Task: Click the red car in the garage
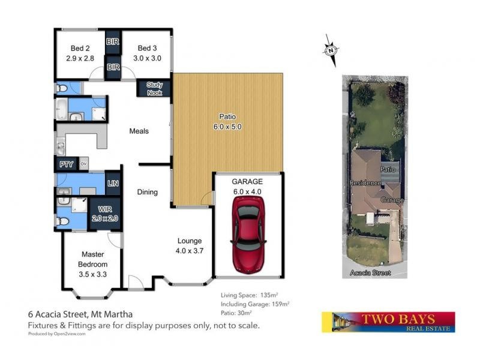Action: [x=247, y=224]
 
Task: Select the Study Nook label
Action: [x=155, y=89]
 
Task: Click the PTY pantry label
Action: [x=65, y=164]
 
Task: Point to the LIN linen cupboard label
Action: [x=112, y=184]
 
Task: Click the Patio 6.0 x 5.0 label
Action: [x=227, y=122]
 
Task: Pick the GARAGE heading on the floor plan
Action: [x=247, y=182]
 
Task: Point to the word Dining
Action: [x=147, y=193]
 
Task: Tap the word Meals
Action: [x=139, y=131]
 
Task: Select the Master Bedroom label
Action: [x=93, y=259]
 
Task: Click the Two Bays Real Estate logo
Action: [x=388, y=322]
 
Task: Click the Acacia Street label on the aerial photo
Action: [x=370, y=273]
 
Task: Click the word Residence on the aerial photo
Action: [x=365, y=182]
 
